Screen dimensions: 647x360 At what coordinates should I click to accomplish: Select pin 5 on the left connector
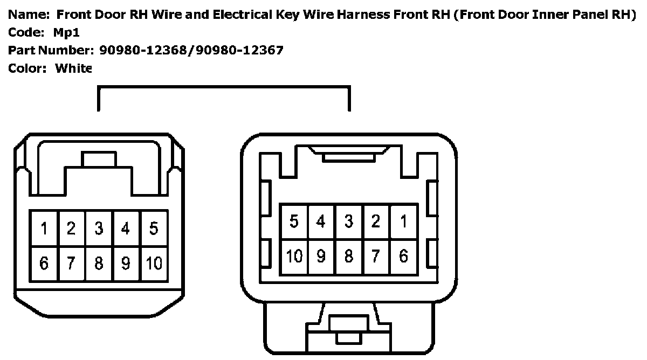coord(154,229)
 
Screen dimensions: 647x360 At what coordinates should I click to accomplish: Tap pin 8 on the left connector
coord(99,264)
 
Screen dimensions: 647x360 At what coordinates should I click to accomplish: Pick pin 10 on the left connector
coord(154,264)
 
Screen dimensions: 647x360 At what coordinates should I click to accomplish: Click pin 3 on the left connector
coord(99,229)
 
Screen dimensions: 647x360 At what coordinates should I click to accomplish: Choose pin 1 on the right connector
coord(403,221)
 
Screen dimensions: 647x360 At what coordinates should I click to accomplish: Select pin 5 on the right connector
coord(294,221)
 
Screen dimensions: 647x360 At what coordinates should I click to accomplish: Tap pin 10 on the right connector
coord(294,256)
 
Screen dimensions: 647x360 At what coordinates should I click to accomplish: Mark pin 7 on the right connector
coord(376,256)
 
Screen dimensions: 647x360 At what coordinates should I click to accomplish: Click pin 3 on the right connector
coord(349,221)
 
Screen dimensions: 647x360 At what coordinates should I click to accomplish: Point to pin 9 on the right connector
coord(321,256)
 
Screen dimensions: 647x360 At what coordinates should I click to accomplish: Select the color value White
coord(73,68)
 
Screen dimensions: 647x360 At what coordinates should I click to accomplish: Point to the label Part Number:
coord(51,51)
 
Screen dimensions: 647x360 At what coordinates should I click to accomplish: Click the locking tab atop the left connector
coord(99,160)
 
